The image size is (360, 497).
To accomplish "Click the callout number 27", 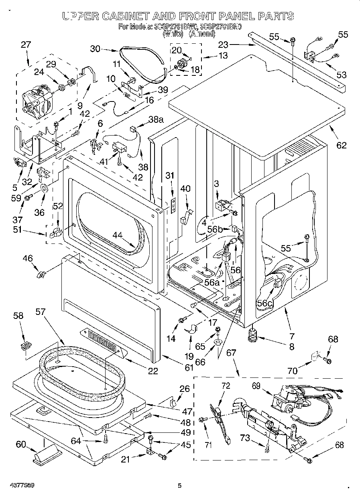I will click(x=25, y=45).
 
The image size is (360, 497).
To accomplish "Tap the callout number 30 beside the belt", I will click(x=95, y=49).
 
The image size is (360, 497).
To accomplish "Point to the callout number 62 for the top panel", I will click(x=341, y=145).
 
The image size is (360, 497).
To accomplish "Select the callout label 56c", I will click(x=265, y=304).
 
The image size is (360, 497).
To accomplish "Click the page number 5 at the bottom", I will click(x=180, y=485).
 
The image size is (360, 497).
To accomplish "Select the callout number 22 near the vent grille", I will click(x=153, y=371).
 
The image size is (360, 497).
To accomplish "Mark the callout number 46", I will click(x=27, y=259).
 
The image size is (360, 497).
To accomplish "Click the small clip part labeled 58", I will click(x=27, y=345).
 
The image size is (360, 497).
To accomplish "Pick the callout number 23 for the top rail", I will click(x=223, y=45).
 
